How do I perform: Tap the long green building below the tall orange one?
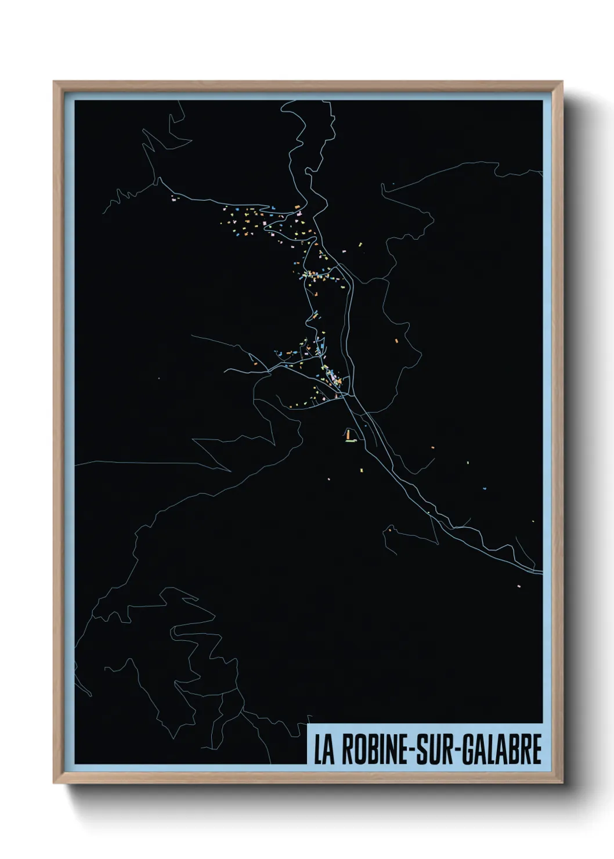tap(351, 441)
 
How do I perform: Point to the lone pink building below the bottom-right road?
tap(519, 586)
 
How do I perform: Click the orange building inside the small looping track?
tap(391, 530)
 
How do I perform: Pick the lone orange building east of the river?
tap(398, 341)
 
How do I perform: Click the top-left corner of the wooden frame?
tap(54, 82)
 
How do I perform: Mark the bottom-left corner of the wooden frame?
tap(54, 783)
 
